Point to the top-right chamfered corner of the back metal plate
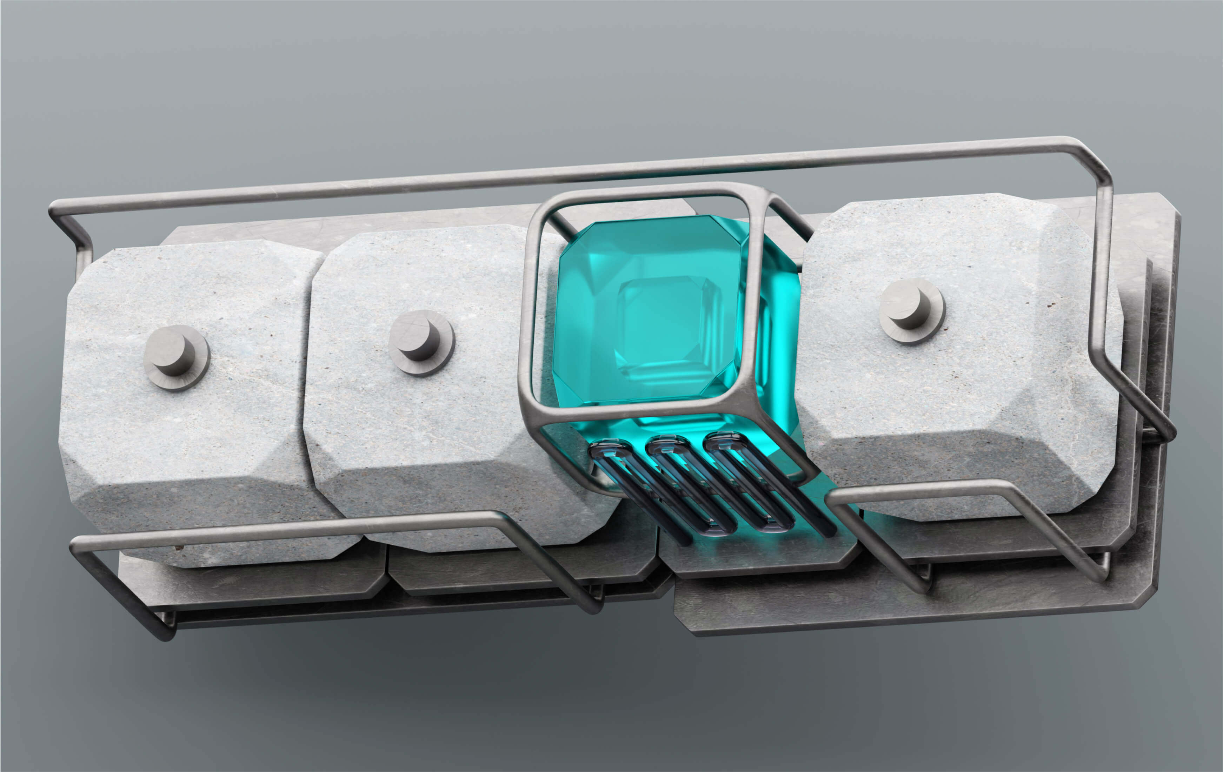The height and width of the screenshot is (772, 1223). click(1168, 203)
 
